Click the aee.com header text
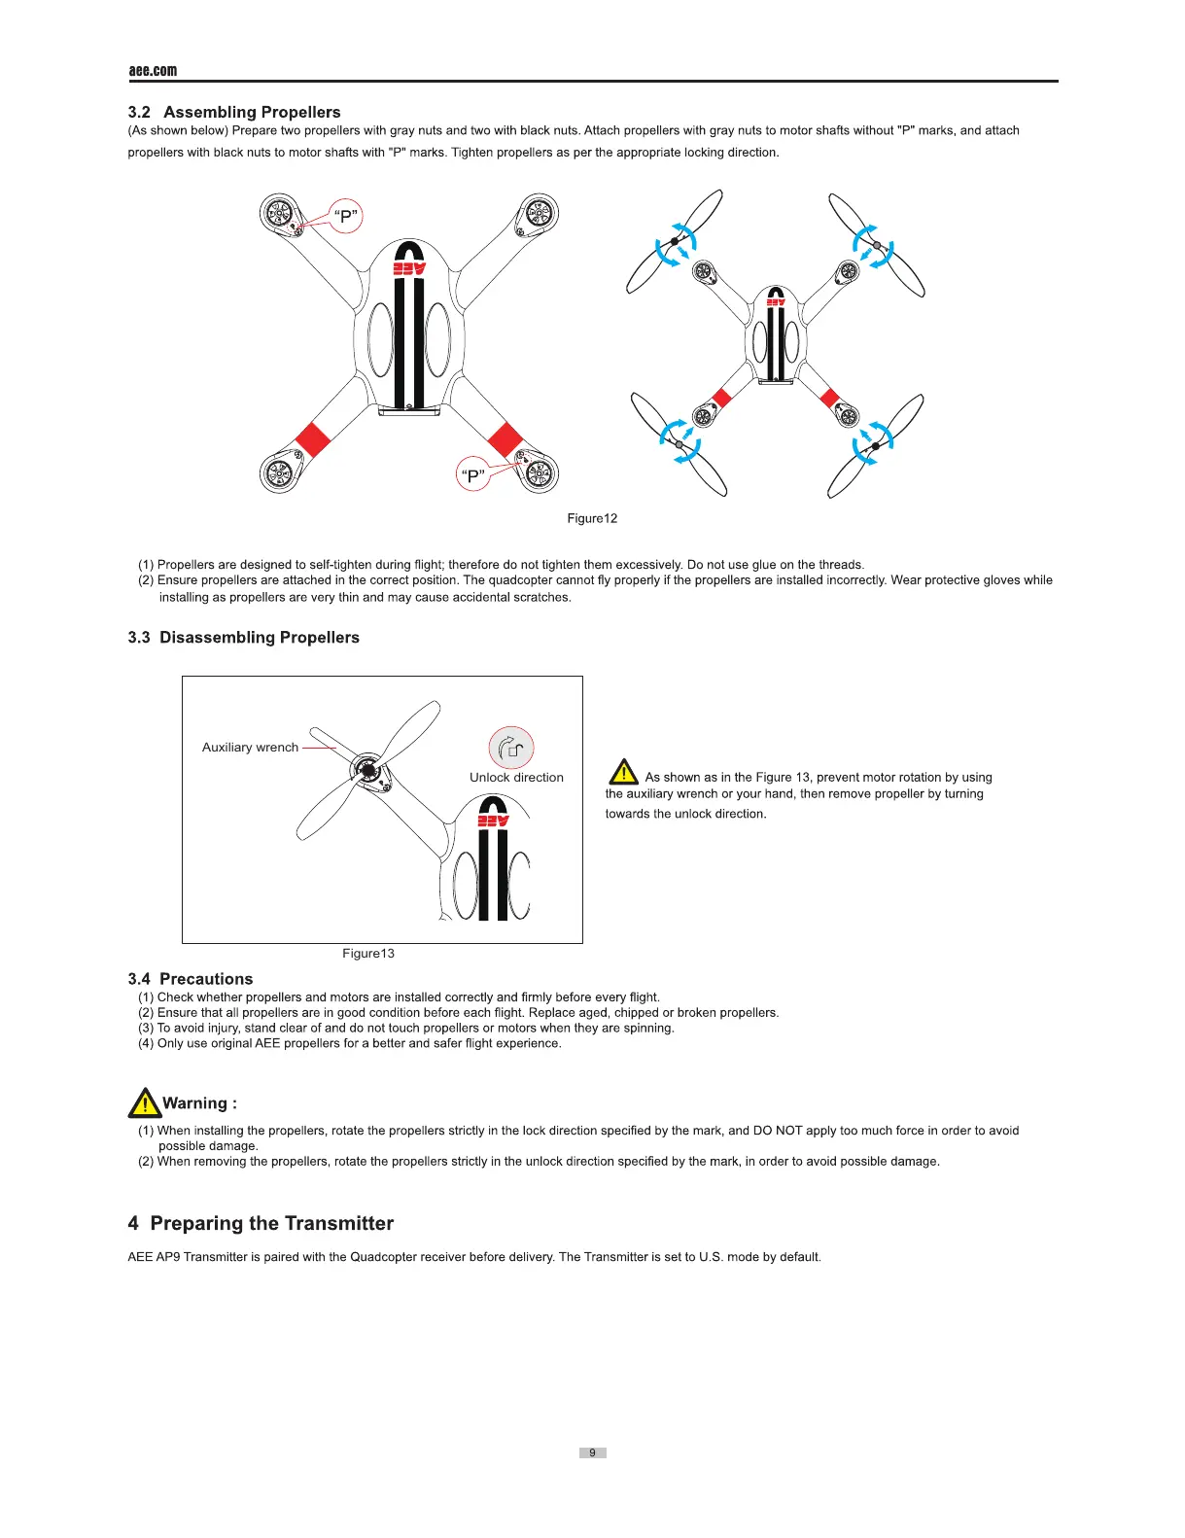coord(153,70)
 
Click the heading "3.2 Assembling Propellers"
coord(234,112)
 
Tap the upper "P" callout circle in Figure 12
coord(346,216)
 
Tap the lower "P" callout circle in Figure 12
coord(473,475)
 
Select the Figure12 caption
coord(592,518)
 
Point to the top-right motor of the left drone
coord(538,213)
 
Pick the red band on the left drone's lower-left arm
coord(312,439)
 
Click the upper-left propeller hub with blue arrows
coord(675,241)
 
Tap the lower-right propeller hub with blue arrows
coord(875,445)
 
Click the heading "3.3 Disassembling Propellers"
coord(243,638)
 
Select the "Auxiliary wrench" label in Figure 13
coord(250,748)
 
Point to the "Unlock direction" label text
coord(516,778)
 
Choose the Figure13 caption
coord(368,954)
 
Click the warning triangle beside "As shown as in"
coord(623,773)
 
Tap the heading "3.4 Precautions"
coord(191,979)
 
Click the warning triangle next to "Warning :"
coord(144,1103)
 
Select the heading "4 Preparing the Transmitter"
coord(261,1223)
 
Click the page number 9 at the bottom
coord(592,1452)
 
